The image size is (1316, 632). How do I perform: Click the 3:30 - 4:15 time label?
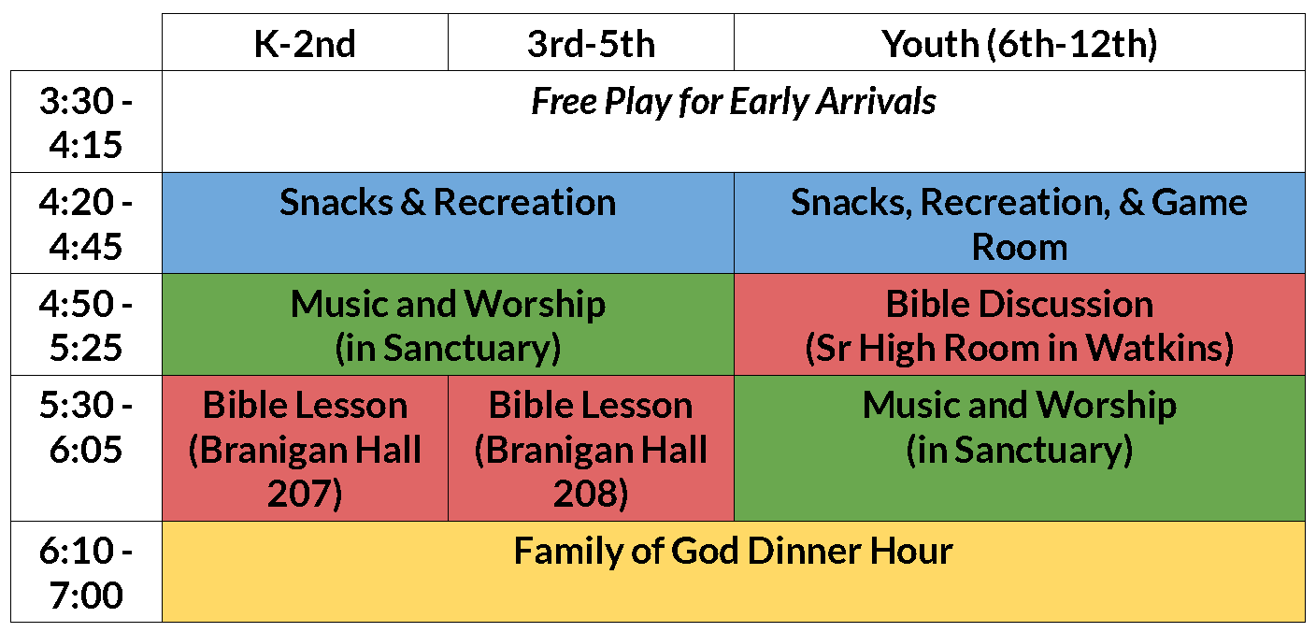[x=86, y=122]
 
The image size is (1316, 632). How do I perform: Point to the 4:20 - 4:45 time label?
[x=86, y=223]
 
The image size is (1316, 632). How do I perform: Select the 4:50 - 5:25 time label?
[x=86, y=325]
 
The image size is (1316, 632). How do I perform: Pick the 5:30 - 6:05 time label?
[x=86, y=427]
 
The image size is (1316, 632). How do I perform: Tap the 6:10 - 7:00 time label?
[x=86, y=572]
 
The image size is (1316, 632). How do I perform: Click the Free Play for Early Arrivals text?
[x=733, y=102]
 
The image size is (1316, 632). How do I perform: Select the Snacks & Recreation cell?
[x=449, y=223]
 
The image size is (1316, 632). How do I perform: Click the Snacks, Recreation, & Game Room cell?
[x=1020, y=223]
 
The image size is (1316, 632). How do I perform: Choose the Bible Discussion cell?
[x=1020, y=324]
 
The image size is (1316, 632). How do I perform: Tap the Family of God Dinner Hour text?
[x=733, y=552]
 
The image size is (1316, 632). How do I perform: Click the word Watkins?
[x=1152, y=348]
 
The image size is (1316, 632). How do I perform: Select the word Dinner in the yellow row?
[x=804, y=552]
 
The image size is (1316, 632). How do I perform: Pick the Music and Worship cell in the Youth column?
[x=1020, y=448]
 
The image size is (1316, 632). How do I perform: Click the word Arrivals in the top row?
[x=877, y=101]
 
